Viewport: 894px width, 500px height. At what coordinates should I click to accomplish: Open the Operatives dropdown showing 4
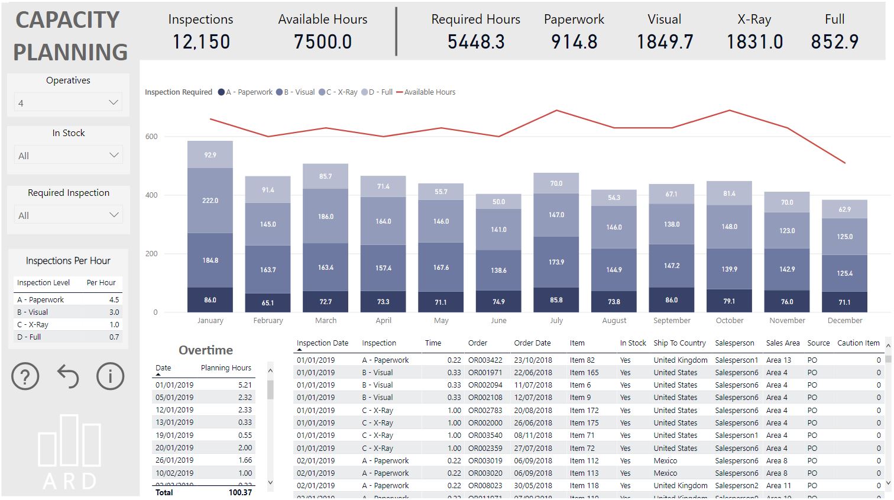click(68, 102)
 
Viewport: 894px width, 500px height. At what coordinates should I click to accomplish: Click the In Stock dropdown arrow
click(114, 155)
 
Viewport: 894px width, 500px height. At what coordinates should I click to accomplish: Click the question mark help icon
click(25, 376)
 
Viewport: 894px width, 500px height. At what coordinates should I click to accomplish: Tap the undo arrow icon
click(68, 376)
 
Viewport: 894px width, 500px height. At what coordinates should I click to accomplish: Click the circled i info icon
click(111, 376)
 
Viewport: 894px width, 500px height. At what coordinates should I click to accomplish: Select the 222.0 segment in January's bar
click(210, 201)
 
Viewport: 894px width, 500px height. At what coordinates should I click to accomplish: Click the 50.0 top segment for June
click(498, 202)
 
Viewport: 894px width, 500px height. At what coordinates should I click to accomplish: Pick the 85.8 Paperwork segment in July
click(556, 300)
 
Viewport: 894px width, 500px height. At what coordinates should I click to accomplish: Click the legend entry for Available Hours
click(429, 92)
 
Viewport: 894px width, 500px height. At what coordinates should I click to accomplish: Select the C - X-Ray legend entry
click(341, 92)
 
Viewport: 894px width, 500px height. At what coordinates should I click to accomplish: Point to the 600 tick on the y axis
click(151, 137)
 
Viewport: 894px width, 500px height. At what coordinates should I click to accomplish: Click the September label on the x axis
click(672, 321)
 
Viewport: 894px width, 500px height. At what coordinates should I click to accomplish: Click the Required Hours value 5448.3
click(476, 42)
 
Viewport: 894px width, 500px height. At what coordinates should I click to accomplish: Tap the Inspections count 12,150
click(201, 42)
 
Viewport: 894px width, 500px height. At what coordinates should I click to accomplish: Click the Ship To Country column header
click(679, 343)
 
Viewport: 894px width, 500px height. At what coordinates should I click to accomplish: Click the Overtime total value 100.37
click(240, 492)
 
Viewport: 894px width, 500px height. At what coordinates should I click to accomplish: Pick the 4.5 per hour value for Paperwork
click(114, 299)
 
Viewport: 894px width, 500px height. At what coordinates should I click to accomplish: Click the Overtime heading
click(206, 350)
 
